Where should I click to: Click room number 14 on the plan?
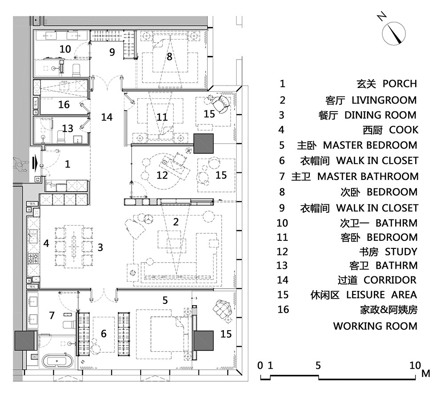click(x=107, y=117)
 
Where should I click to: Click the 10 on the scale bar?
click(x=414, y=365)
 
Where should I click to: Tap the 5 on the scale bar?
click(x=318, y=365)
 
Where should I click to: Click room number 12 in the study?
click(x=162, y=175)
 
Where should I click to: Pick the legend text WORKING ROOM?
click(x=375, y=326)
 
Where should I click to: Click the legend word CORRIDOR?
click(x=390, y=280)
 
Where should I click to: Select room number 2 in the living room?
click(x=176, y=222)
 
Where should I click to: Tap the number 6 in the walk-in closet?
click(x=104, y=333)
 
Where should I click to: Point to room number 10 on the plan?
click(x=65, y=49)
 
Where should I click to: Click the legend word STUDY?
click(x=401, y=252)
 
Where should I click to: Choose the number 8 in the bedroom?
click(x=169, y=57)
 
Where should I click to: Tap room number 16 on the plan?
click(x=64, y=104)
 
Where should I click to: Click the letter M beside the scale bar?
click(x=426, y=373)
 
